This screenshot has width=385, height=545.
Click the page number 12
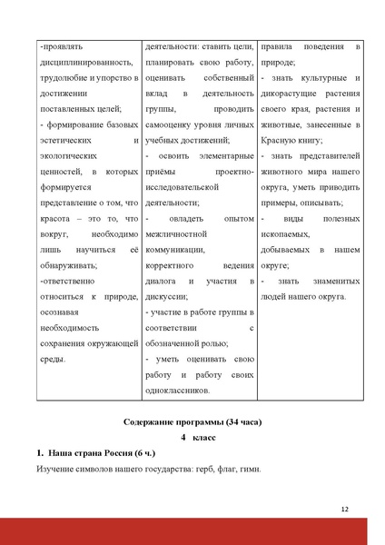(x=345, y=509)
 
